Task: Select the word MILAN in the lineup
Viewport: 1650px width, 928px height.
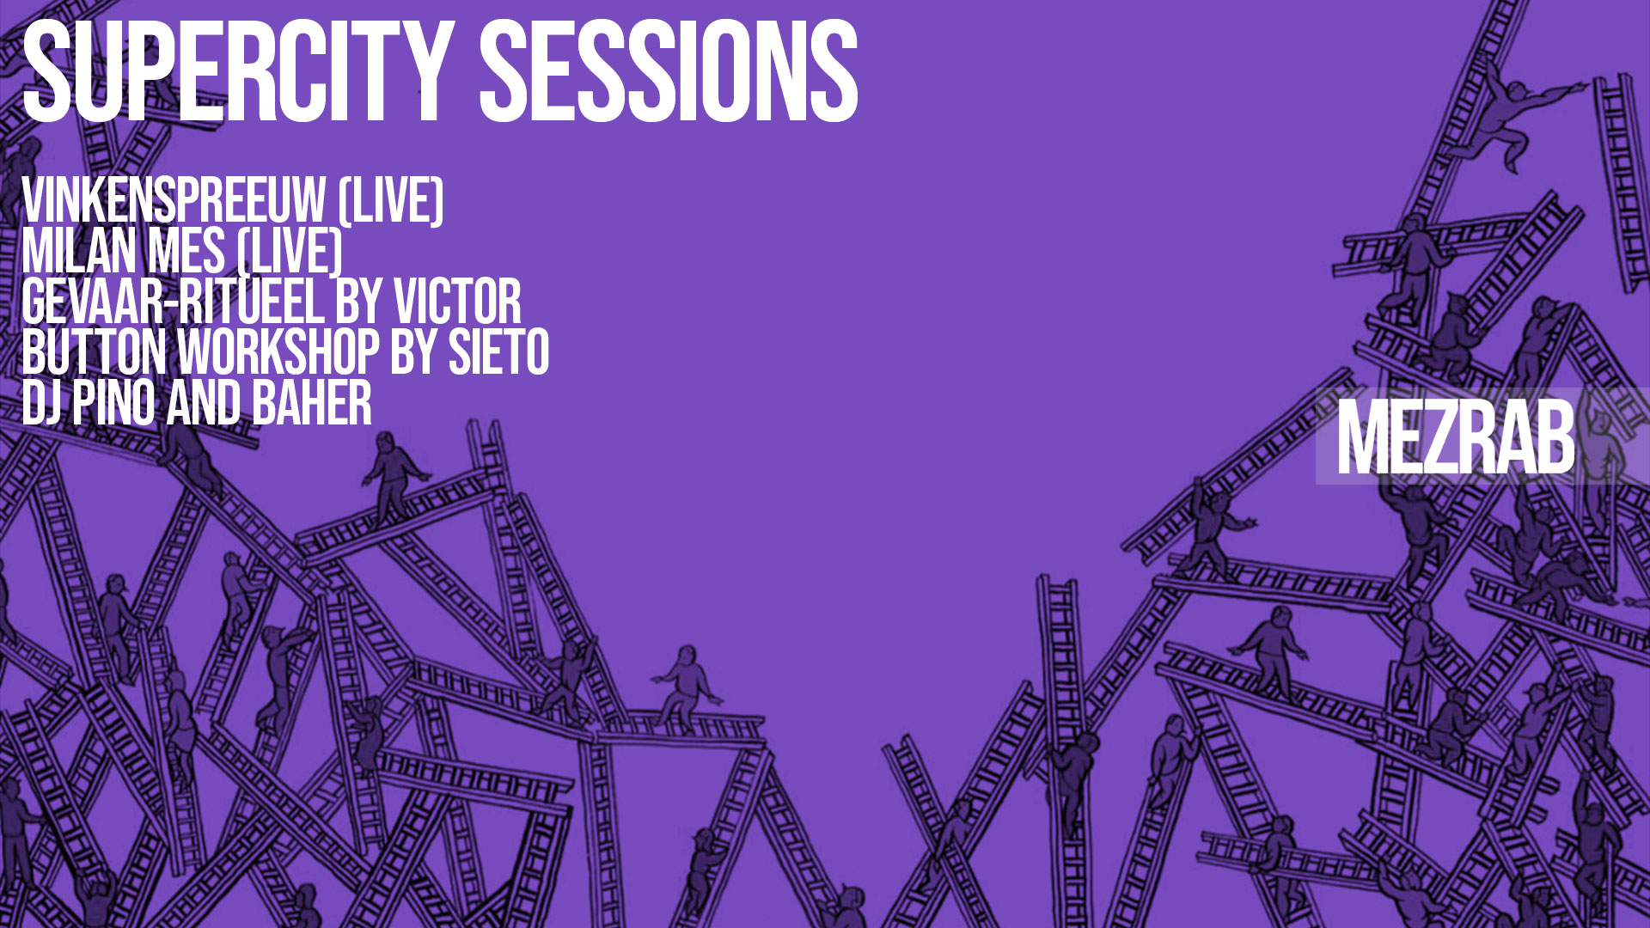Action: pos(80,252)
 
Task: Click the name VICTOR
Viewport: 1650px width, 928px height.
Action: pos(457,302)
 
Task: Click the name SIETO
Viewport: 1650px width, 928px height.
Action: pos(499,351)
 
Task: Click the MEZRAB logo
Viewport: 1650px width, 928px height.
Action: pos(1456,437)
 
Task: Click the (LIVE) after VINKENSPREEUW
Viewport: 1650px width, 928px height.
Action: pos(391,201)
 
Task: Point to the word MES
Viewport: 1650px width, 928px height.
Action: pos(186,252)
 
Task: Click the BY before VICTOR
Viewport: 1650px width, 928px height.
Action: pos(358,302)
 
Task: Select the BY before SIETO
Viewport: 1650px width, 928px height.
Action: pos(414,351)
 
